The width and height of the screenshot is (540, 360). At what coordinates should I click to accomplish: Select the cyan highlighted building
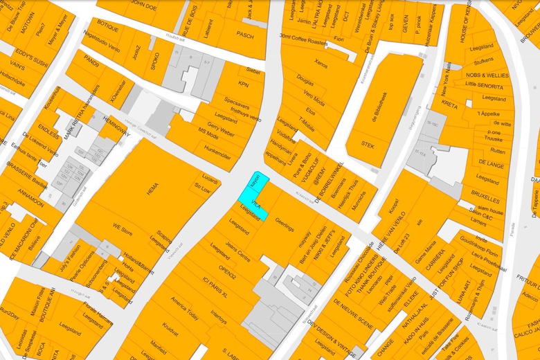(253, 197)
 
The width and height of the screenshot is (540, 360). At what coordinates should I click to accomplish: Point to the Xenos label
(321, 62)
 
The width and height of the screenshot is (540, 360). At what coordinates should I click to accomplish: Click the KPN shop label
(243, 84)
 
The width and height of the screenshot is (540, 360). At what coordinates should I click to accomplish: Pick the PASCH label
(245, 34)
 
